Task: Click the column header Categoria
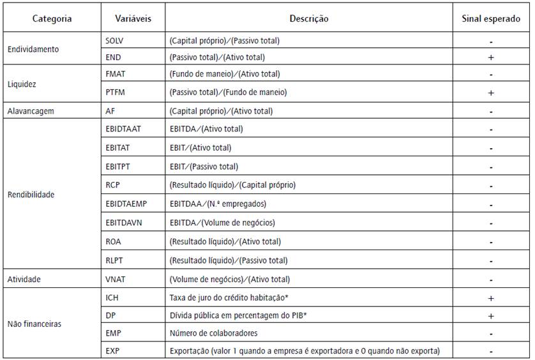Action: point(52,19)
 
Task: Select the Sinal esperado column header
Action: point(490,19)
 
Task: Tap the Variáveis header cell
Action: point(133,19)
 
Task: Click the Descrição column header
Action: point(308,19)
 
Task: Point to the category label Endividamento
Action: point(33,49)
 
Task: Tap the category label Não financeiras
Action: point(34,324)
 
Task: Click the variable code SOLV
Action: point(114,41)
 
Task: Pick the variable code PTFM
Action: point(115,93)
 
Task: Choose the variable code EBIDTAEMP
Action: point(125,205)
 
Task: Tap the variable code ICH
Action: point(112,297)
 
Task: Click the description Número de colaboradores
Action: point(213,333)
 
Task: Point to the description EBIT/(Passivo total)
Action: point(204,167)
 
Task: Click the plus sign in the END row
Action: point(490,57)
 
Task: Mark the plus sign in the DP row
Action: point(490,316)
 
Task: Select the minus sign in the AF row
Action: point(490,112)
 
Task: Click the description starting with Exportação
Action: point(305,351)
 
